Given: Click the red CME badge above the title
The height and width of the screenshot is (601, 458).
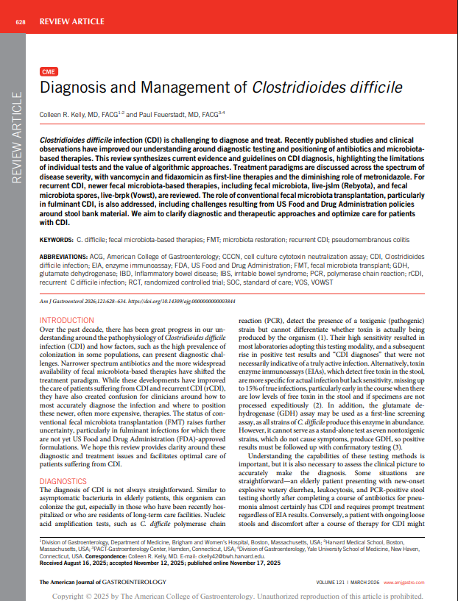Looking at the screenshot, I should point(49,72).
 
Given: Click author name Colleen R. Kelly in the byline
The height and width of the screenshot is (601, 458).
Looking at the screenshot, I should point(66,115).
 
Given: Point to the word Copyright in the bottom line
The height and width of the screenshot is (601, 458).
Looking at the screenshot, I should point(77,594).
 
